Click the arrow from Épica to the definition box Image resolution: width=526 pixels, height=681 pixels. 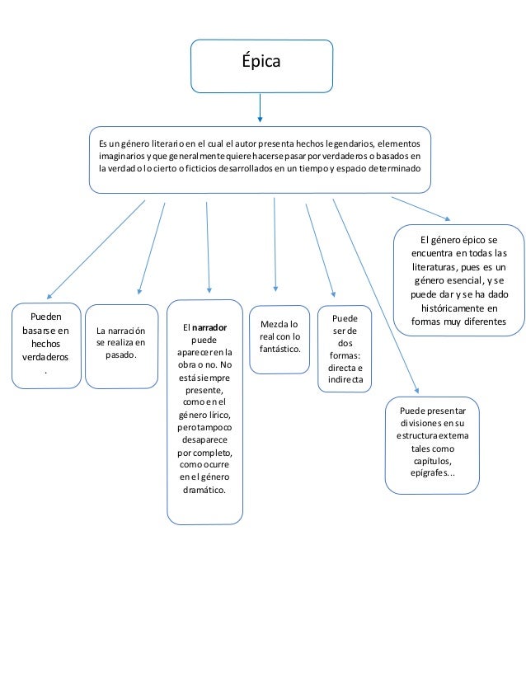[x=261, y=108]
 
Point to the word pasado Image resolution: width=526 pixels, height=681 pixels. [x=120, y=355]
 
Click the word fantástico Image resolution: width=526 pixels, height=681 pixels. [x=279, y=350]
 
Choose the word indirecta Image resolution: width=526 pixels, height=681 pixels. [x=346, y=380]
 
